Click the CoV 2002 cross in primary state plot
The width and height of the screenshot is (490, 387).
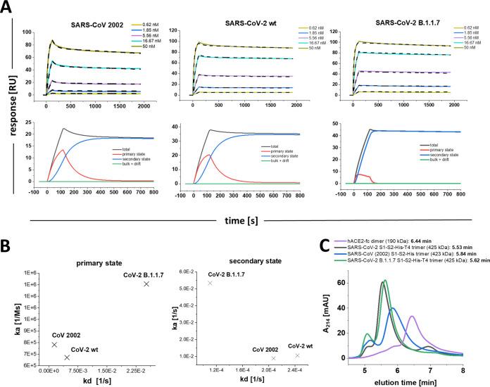pos(54,344)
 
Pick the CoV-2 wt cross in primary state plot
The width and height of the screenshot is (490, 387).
pos(67,357)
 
